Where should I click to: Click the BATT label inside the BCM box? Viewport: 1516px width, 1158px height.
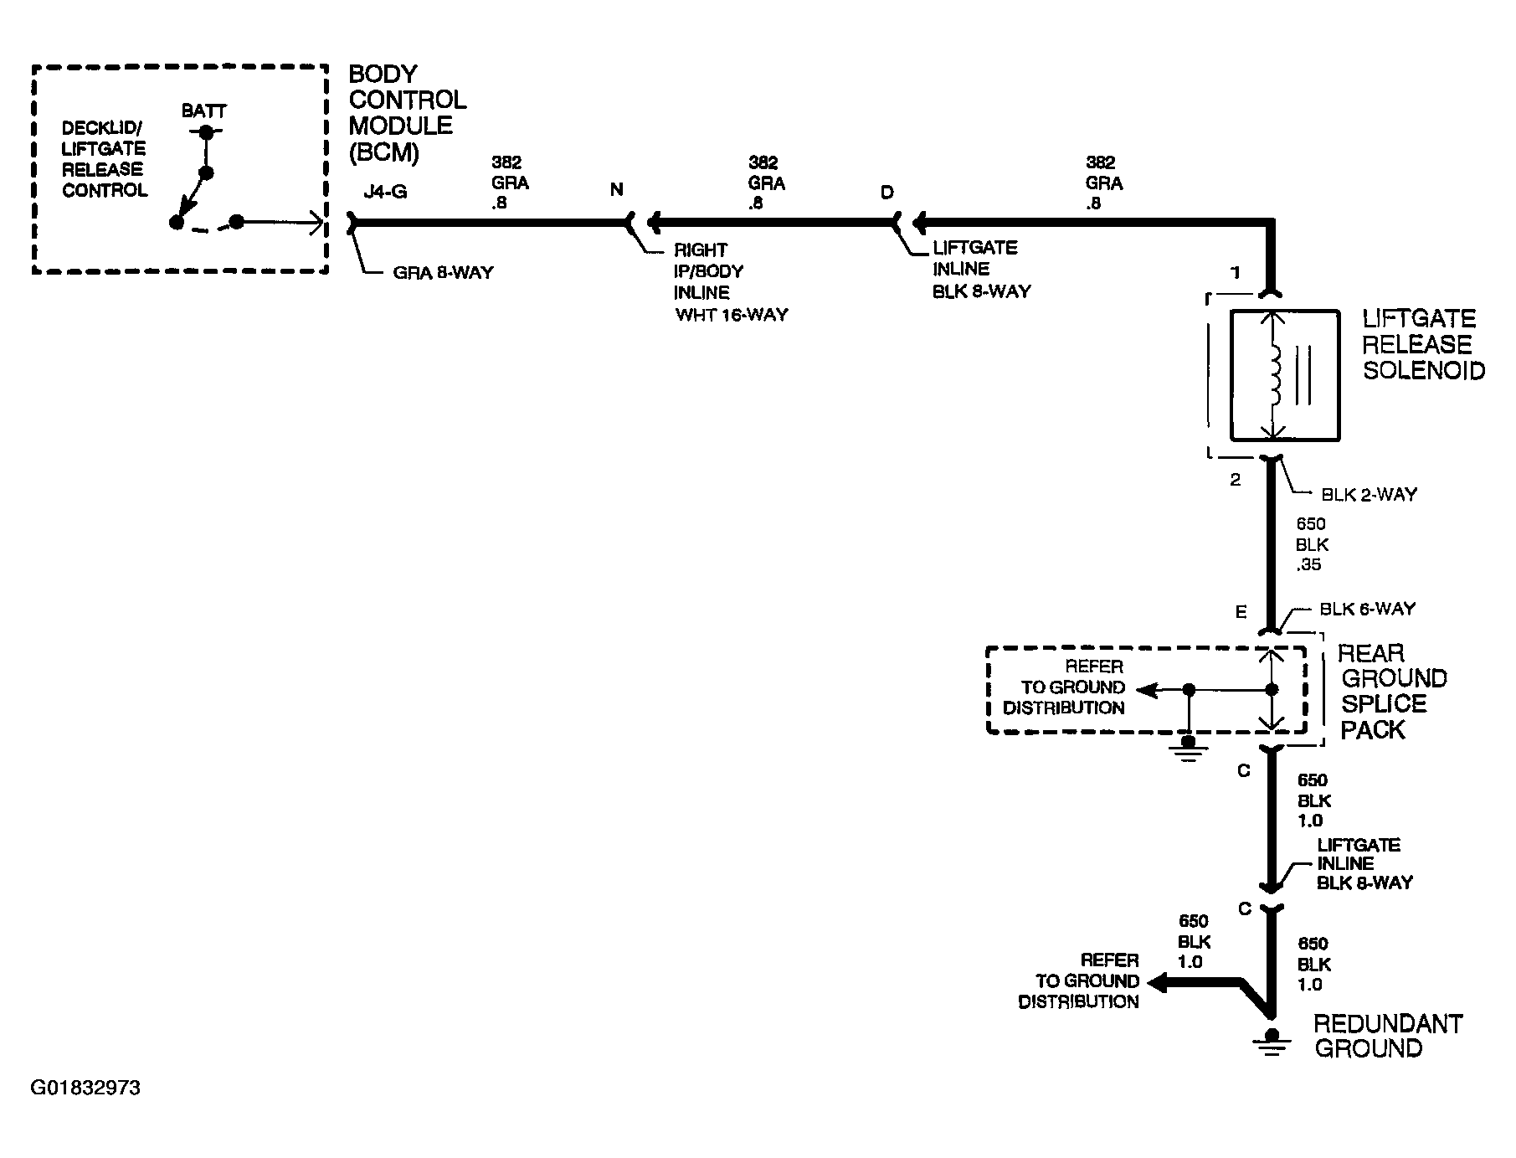[x=204, y=111]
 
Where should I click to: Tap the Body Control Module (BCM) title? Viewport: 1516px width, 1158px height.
[x=408, y=113]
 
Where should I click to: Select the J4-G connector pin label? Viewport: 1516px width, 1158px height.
[x=385, y=192]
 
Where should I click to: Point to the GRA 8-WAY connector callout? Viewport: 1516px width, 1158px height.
[x=443, y=273]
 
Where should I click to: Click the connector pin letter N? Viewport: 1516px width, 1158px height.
[x=617, y=190]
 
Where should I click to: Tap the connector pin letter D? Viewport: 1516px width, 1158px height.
[x=886, y=193]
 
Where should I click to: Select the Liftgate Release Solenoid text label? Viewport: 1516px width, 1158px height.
[x=1424, y=344]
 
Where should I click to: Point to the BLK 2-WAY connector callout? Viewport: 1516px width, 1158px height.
[x=1369, y=494]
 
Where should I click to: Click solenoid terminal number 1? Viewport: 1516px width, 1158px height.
[x=1236, y=273]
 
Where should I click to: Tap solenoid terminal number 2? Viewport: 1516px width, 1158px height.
[x=1236, y=480]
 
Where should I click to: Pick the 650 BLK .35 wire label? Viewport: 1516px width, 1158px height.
[x=1312, y=544]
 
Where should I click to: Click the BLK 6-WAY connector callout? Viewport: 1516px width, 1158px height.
[x=1367, y=609]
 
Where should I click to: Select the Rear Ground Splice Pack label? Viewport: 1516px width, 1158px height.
[x=1392, y=692]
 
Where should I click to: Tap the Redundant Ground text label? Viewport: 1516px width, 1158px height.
[x=1387, y=1036]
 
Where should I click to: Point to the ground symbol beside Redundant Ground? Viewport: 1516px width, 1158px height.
[x=1272, y=1043]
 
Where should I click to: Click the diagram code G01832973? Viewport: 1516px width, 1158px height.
[x=85, y=1088]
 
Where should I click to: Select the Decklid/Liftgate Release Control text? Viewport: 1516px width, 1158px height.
[x=105, y=159]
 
